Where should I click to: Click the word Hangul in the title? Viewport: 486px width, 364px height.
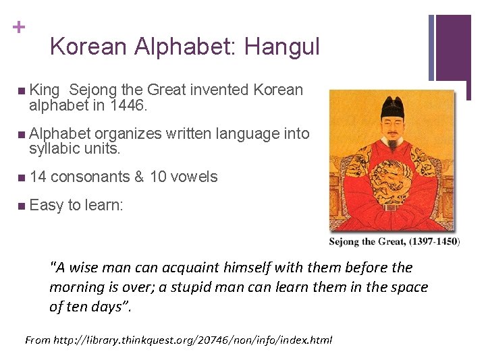point(281,47)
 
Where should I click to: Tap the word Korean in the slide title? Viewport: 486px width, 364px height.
point(88,47)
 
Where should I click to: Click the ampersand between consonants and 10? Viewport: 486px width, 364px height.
point(139,177)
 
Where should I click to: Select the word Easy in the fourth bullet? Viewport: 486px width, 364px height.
point(46,205)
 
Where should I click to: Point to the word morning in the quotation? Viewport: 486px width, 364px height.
point(77,287)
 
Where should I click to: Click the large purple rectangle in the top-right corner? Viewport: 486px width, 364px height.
point(453,47)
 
